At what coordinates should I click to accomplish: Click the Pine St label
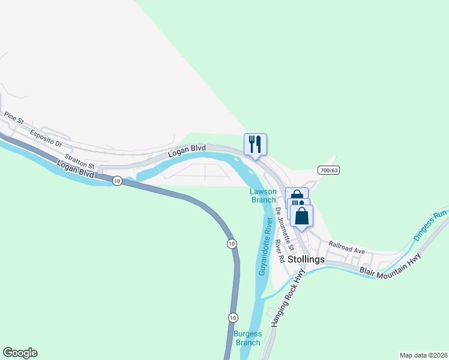coord(13,117)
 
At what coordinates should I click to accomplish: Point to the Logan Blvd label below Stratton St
coord(77,169)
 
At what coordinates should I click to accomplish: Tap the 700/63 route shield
coord(329,170)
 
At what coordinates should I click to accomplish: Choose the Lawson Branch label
coord(263,196)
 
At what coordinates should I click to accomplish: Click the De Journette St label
coord(285,229)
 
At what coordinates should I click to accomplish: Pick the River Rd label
coord(280,251)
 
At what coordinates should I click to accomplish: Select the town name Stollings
coord(306,259)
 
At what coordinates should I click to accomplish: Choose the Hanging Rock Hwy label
coord(288,298)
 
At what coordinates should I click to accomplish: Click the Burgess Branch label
coord(248,338)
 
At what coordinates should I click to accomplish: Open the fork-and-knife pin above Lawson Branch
coord(255,145)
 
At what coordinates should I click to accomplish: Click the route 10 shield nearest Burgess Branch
coord(234,317)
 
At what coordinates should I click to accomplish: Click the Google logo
coord(20,353)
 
